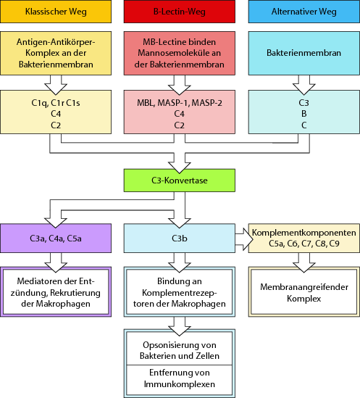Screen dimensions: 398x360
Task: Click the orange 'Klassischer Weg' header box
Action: point(56,12)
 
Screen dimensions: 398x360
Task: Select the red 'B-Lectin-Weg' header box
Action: point(179,12)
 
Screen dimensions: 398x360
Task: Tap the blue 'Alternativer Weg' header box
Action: point(302,12)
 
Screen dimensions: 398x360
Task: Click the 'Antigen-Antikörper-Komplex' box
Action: point(56,54)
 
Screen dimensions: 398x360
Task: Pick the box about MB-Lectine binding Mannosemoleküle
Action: point(179,54)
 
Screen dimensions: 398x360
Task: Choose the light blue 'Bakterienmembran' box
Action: point(302,54)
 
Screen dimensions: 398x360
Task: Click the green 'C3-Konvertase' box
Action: point(179,181)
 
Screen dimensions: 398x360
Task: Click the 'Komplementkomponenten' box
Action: point(304,239)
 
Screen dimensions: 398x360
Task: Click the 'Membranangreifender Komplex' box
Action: point(304,292)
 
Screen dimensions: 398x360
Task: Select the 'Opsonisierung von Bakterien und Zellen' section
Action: point(179,347)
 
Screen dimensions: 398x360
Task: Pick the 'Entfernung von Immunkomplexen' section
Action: point(179,377)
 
